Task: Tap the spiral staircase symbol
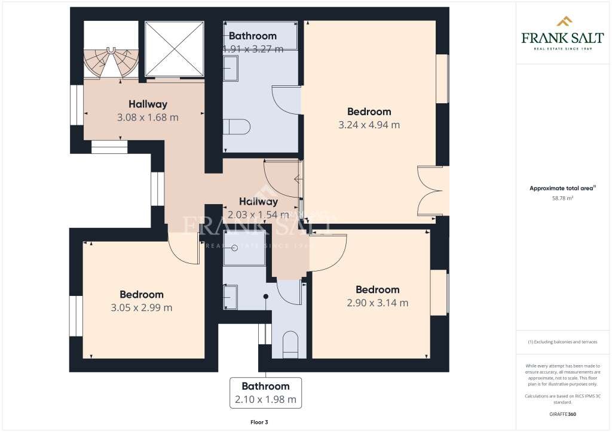[111, 62]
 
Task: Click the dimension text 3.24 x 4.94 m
[369, 125]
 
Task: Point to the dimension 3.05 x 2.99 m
[141, 308]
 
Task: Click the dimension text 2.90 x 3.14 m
[377, 303]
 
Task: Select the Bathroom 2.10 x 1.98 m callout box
[265, 393]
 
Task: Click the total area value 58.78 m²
[563, 198]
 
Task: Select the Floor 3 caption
[259, 422]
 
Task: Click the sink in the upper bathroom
[231, 69]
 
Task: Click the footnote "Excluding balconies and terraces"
[563, 342]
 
